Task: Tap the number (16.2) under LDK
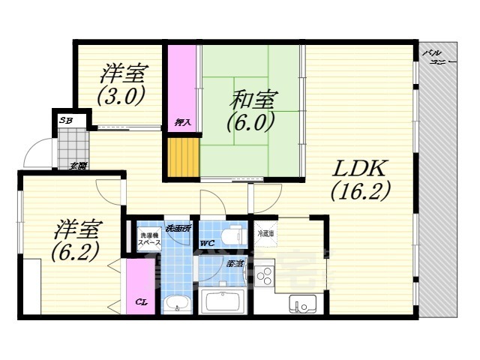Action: click(x=361, y=191)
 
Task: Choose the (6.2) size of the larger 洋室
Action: click(x=75, y=251)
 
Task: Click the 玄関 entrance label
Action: click(x=78, y=166)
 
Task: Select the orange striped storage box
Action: click(x=184, y=156)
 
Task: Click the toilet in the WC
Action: click(x=235, y=233)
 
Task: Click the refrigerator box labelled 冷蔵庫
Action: click(x=266, y=234)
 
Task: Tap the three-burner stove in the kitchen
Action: click(x=265, y=278)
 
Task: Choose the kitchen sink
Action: click(x=304, y=304)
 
